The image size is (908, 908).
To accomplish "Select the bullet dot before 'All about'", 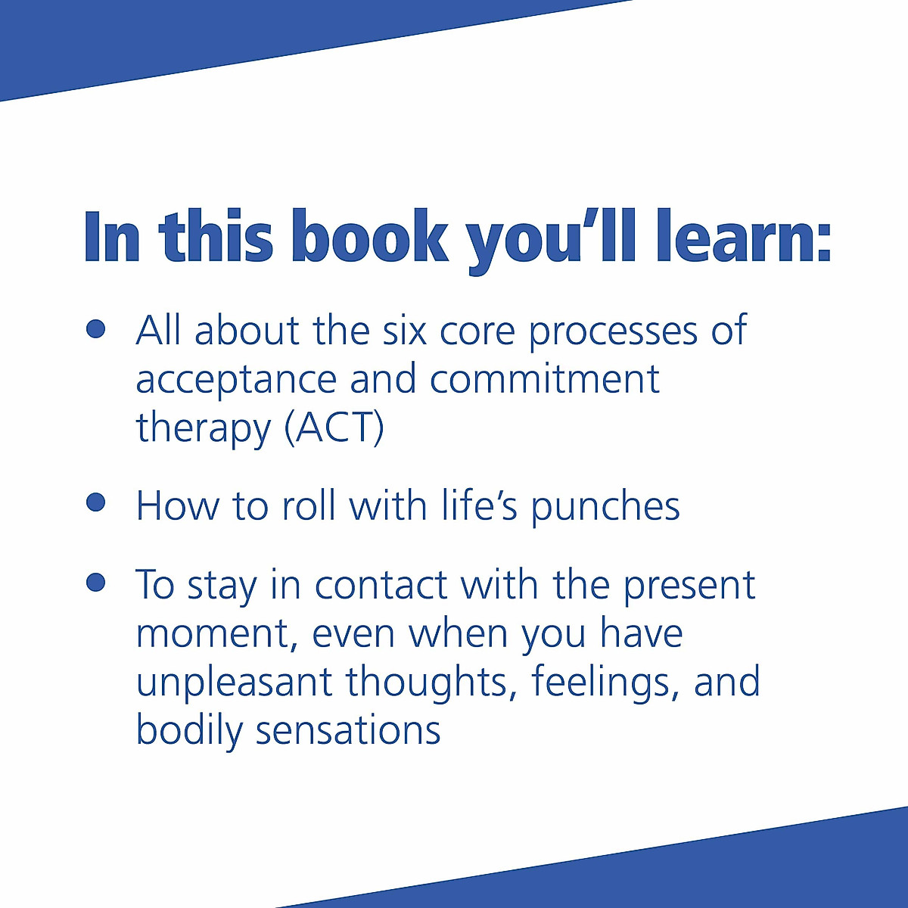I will [95, 329].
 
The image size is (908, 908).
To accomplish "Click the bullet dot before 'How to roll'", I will [95, 502].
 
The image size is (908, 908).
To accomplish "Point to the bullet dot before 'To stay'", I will [95, 582].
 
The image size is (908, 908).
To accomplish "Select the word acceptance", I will [236, 380].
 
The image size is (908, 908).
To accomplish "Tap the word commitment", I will [545, 378].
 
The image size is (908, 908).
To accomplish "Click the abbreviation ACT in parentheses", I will [334, 428].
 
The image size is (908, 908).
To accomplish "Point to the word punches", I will [605, 507].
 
